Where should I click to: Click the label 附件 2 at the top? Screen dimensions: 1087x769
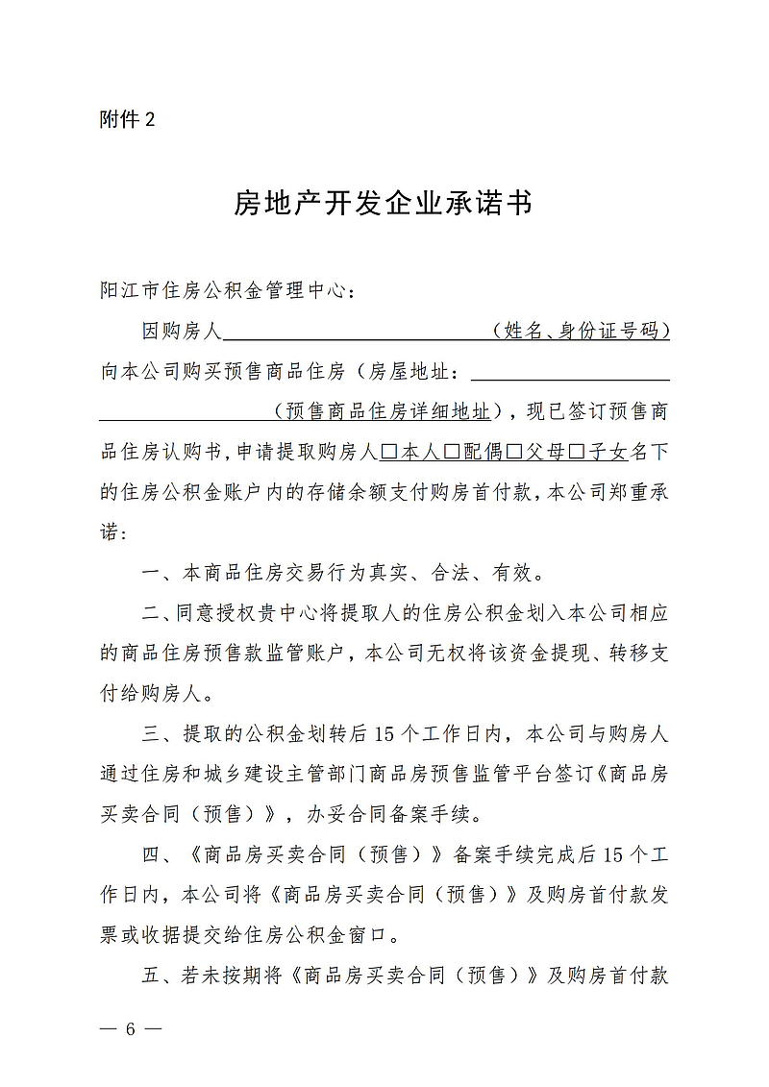127,120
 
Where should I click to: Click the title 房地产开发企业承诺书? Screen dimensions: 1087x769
384,204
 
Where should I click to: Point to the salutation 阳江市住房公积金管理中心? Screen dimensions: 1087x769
227,289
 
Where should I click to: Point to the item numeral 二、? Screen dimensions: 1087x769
157,614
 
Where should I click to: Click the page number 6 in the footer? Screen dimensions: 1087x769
130,1028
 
